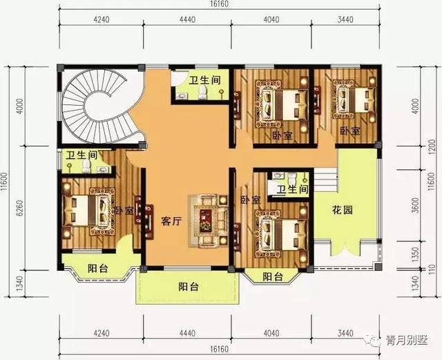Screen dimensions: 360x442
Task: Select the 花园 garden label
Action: pyautogui.click(x=343, y=210)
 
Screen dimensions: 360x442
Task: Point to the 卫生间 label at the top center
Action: pyautogui.click(x=205, y=79)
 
